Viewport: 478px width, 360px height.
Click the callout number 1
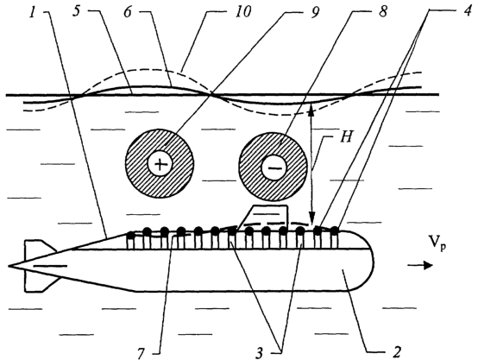tap(33, 12)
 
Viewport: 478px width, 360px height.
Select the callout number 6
tap(129, 12)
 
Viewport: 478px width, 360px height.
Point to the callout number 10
tap(242, 12)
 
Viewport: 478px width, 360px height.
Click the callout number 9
tap(314, 12)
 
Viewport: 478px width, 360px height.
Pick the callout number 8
tap(381, 12)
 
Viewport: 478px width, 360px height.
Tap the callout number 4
tap(466, 12)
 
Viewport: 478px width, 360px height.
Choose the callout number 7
tap(141, 353)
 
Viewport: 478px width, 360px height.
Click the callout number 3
tap(260, 353)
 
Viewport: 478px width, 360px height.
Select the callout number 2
tap(396, 352)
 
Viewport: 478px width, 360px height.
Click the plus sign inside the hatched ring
tap(160, 164)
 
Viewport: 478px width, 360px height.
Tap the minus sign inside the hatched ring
tap(274, 167)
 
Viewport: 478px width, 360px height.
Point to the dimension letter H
tap(346, 136)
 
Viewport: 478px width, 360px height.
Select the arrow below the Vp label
tap(420, 265)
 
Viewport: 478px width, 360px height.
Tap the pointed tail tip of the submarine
tap(9, 266)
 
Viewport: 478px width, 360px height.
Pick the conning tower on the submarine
tap(263, 218)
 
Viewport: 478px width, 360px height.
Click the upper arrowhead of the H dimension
tap(311, 110)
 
